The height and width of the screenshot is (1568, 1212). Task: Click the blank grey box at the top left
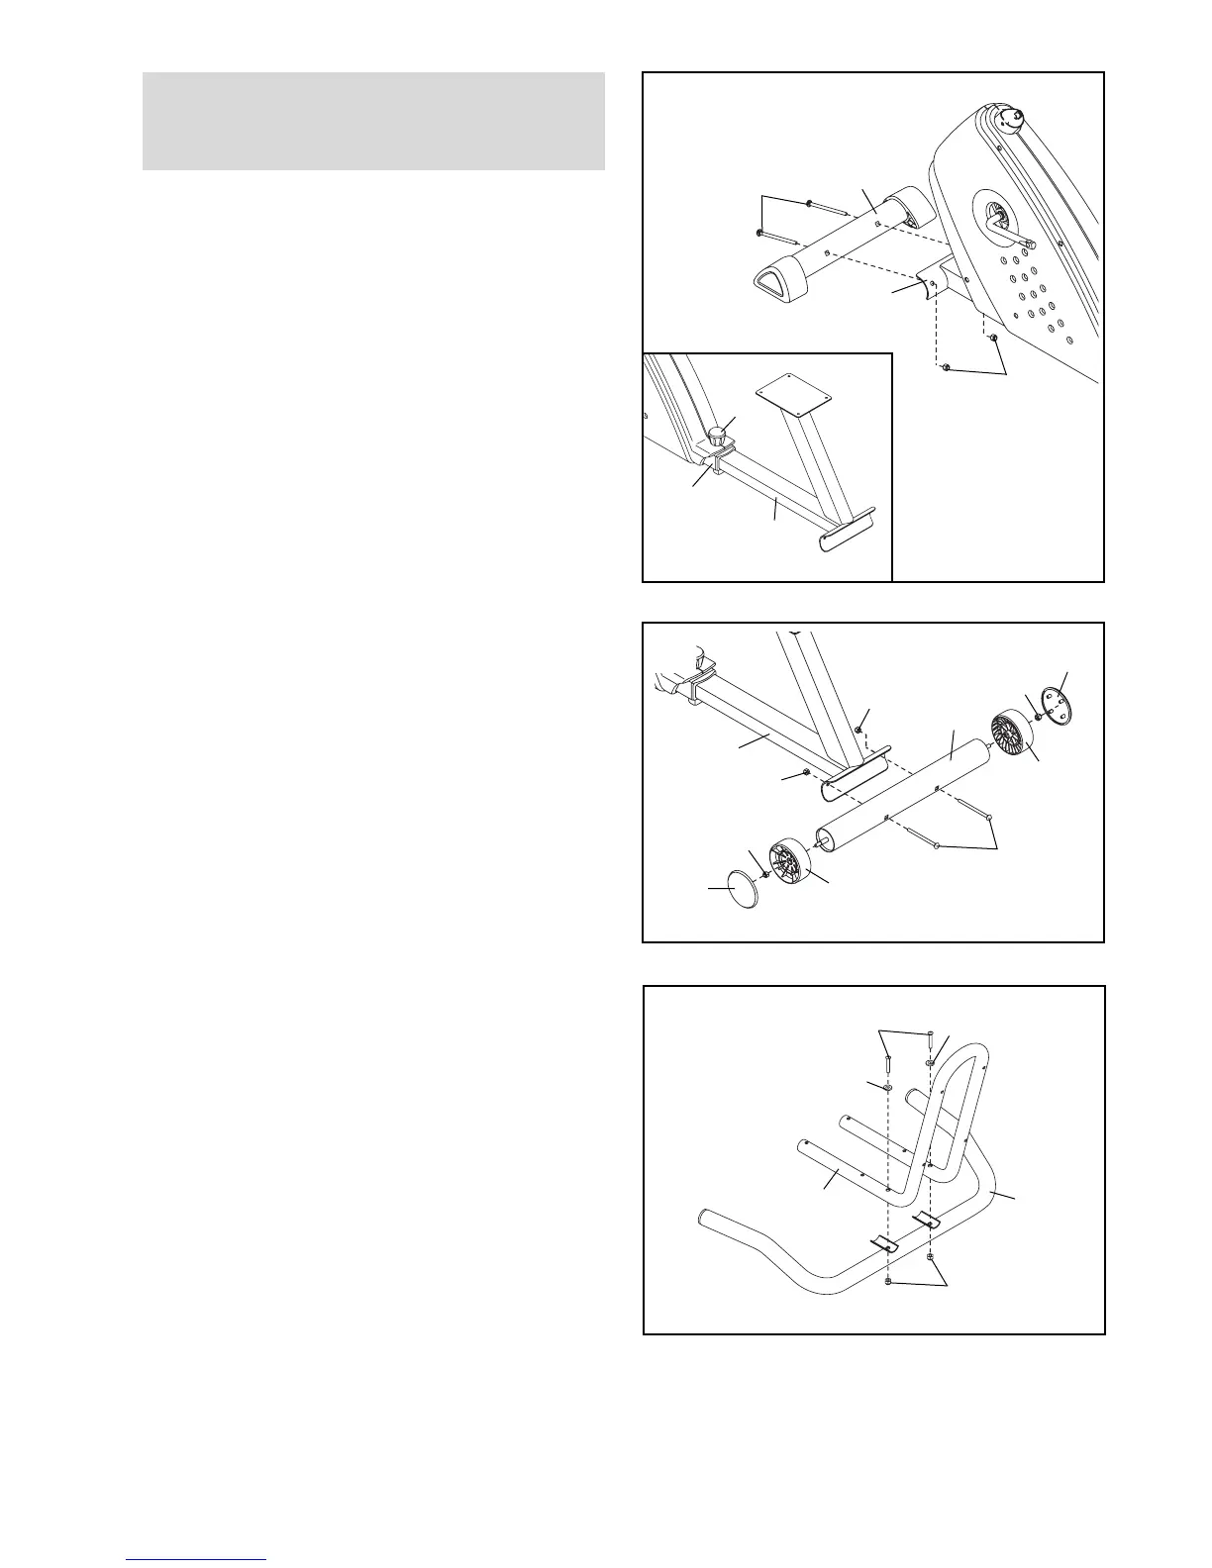pyautogui.click(x=373, y=121)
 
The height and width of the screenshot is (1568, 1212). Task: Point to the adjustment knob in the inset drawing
pyautogui.click(x=722, y=432)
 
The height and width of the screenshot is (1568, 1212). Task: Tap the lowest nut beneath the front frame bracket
pyautogui.click(x=947, y=368)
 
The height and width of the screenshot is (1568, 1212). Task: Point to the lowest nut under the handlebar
pyautogui.click(x=887, y=1283)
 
